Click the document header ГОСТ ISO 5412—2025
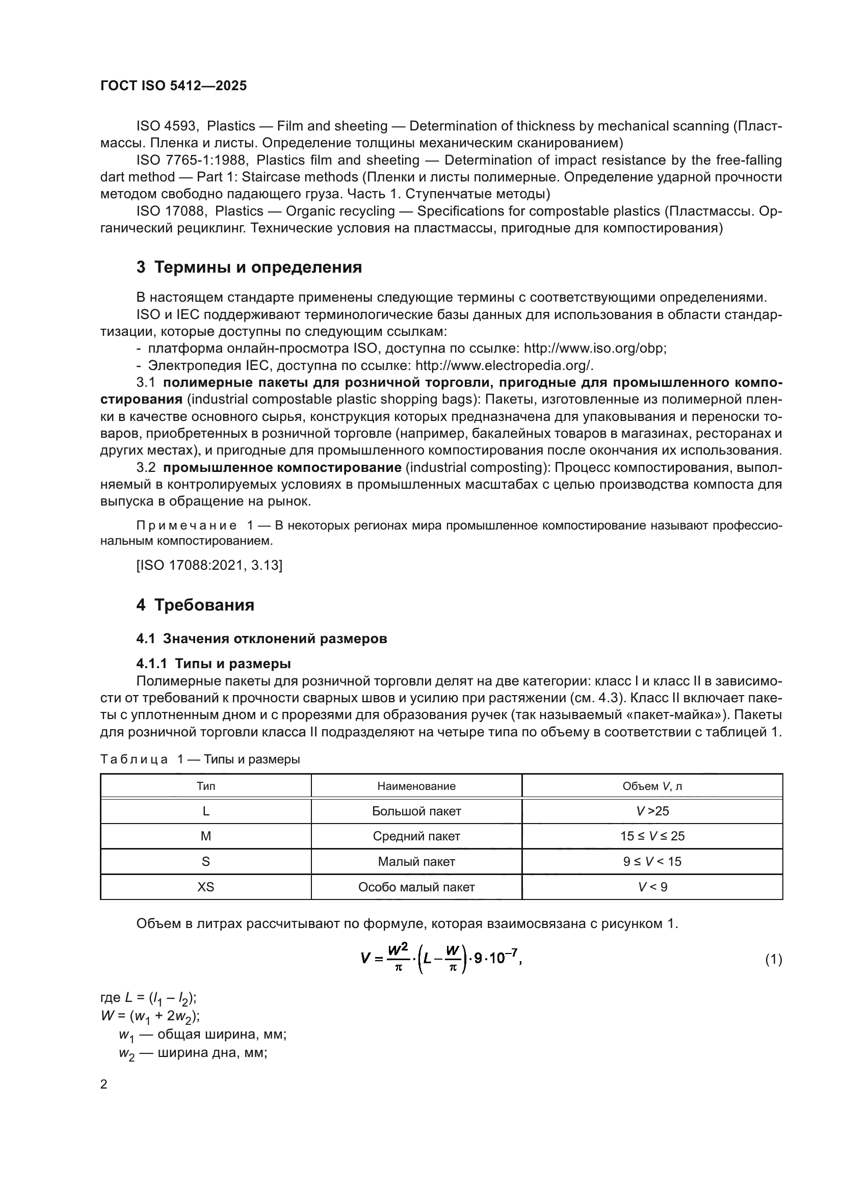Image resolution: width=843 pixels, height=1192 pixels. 173,86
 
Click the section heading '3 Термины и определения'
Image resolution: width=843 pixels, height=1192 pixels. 249,268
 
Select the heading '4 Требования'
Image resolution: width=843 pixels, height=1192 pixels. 195,605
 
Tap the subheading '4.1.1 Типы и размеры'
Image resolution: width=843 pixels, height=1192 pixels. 214,664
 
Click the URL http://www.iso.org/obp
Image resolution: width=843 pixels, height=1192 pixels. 594,349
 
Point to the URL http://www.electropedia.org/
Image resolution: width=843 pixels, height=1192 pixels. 504,365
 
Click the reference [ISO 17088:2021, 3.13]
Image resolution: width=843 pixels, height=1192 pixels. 209,565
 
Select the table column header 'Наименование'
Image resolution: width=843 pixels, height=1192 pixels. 416,786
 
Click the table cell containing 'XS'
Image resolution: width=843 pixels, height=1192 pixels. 205,887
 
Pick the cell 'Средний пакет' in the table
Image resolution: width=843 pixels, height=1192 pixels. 416,836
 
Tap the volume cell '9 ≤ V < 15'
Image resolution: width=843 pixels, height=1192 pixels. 652,861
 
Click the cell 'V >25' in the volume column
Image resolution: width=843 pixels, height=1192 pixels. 652,811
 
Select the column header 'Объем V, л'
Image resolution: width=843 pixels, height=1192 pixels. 652,786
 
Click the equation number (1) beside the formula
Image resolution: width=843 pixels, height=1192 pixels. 773,960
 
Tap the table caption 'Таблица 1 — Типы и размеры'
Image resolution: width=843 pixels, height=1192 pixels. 200,759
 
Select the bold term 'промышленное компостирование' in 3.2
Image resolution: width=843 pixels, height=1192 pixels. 282,468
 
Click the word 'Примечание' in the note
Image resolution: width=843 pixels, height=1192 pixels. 187,525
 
